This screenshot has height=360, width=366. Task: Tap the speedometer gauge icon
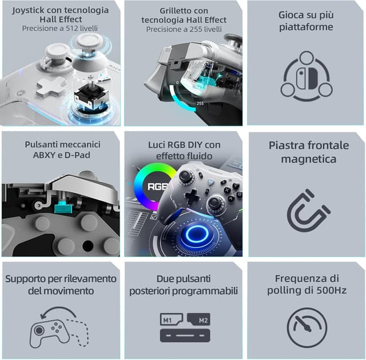click(x=307, y=327)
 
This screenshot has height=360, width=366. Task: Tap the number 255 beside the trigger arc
click(x=200, y=104)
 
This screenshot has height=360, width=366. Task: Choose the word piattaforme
click(x=306, y=27)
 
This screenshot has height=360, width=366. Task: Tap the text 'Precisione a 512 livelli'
click(x=61, y=28)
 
